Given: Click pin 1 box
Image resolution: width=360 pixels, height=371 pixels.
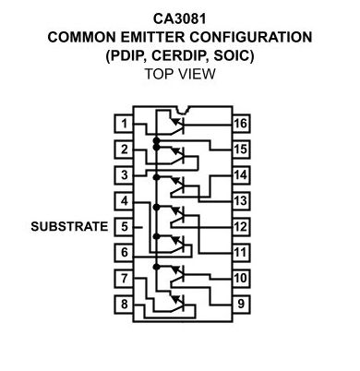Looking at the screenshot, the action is pos(124,124).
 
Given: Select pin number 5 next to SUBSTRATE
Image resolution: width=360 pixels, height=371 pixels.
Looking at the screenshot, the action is pos(124,227).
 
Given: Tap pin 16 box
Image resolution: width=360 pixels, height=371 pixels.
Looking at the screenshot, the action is pos(241,124).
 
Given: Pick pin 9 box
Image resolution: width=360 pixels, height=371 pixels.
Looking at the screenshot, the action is pos(241,305).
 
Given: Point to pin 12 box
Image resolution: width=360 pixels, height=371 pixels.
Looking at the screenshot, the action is pos(241,227).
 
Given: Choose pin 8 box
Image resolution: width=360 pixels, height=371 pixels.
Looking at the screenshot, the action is pos(124,305).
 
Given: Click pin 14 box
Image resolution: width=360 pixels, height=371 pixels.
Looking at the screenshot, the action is pos(241,175).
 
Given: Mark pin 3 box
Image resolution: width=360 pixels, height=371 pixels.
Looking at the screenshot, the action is pos(124,175).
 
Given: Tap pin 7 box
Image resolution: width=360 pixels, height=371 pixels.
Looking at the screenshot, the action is pos(124,279).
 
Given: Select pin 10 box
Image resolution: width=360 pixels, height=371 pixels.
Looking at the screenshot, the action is pos(241,279).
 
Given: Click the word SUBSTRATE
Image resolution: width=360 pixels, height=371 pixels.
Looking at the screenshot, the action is pos(69,227).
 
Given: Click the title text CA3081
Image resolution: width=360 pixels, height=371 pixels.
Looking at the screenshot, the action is pos(180,18).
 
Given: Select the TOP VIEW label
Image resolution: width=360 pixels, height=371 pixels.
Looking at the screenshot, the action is pos(180,74).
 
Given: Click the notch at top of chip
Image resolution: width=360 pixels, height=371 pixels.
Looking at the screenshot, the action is pos(183,109).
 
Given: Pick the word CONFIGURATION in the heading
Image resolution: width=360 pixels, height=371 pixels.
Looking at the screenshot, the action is pos(251,37).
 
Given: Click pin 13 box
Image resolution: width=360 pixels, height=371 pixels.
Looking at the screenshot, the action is pos(241,201).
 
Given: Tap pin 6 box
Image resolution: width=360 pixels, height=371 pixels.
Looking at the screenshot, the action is pos(124,253).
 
